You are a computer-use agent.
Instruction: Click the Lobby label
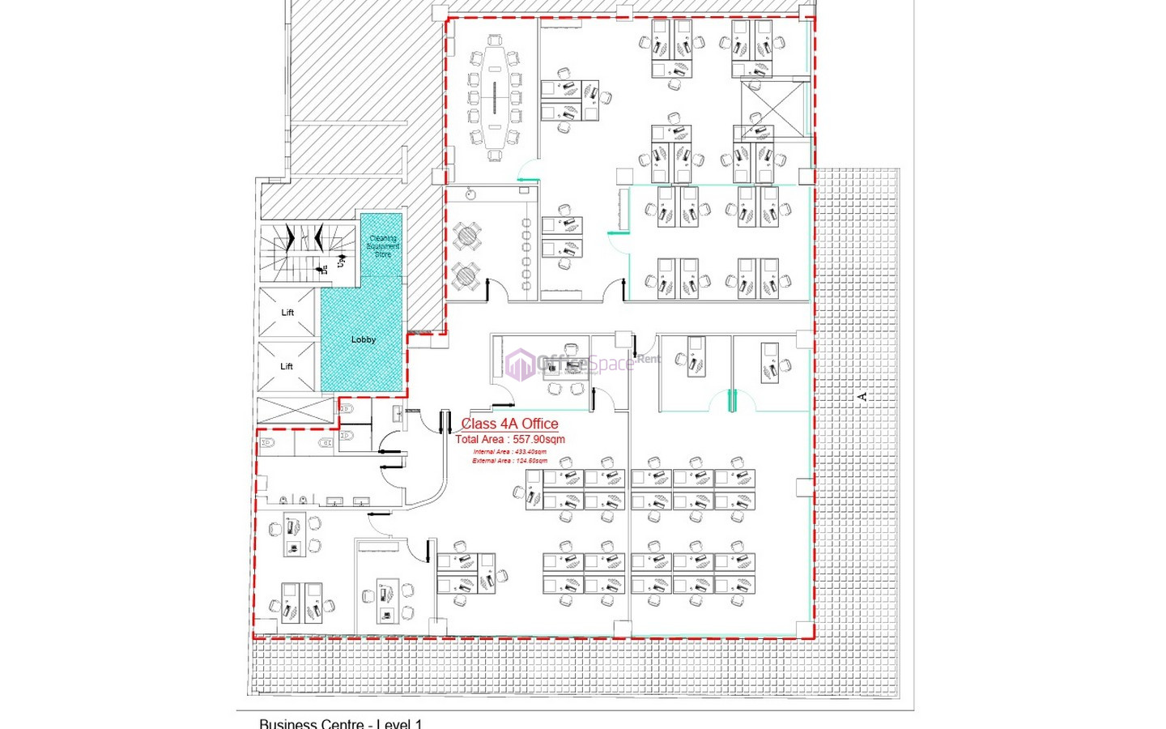point(363,339)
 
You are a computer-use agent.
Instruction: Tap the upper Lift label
point(287,313)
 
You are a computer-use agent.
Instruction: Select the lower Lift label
point(287,366)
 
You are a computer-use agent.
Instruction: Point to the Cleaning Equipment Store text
point(383,246)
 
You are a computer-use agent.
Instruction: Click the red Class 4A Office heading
point(509,424)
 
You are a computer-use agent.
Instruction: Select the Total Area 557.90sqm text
point(509,440)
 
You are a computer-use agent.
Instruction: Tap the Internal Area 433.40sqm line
point(509,452)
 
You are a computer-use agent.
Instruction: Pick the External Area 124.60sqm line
point(509,461)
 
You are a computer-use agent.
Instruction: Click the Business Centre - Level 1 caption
point(340,723)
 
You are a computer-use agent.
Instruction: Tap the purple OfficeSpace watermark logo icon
point(519,364)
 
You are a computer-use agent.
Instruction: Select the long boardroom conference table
point(495,97)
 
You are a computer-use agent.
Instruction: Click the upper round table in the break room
point(466,237)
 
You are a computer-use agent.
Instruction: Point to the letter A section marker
point(862,396)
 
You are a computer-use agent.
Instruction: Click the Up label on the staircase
point(341,261)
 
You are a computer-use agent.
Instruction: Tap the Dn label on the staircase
point(324,268)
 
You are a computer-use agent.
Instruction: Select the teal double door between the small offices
point(732,401)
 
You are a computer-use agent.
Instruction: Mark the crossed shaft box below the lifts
point(296,411)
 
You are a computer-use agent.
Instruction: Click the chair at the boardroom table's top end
point(495,40)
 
